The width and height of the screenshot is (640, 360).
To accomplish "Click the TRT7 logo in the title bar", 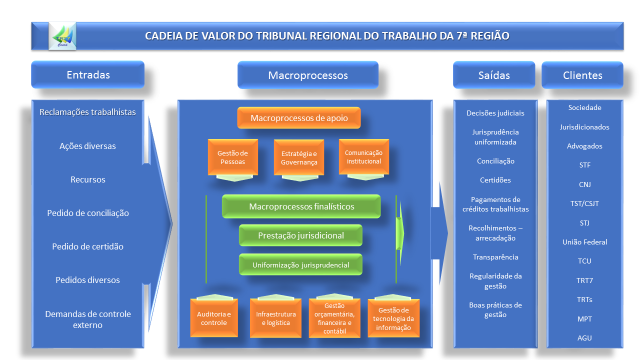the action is (x=62, y=36).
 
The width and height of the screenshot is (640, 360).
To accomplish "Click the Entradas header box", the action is (x=87, y=74).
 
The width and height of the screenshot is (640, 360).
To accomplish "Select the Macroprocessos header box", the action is (x=308, y=75).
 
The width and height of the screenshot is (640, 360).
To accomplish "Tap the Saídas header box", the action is (x=494, y=75).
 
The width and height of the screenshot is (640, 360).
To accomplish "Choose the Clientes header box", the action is (x=582, y=75).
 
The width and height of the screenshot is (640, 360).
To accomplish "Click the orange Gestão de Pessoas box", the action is (x=233, y=157).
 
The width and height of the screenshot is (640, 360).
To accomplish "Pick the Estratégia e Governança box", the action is (x=299, y=157).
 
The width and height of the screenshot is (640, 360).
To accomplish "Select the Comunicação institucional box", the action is (x=363, y=157).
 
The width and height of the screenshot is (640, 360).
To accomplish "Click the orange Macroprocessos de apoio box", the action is (x=299, y=117).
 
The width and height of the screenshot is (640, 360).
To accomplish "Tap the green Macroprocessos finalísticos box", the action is (x=301, y=206).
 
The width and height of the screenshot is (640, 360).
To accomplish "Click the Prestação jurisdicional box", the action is (x=300, y=235).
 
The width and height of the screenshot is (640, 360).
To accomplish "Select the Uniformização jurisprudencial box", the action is (x=300, y=264).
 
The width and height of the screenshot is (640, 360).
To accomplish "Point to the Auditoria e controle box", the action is (x=214, y=318).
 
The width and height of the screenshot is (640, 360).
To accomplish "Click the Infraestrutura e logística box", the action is (x=275, y=318).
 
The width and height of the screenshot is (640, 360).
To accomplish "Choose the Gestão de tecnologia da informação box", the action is (x=393, y=318).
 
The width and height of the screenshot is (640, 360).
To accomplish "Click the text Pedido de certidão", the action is (x=87, y=246).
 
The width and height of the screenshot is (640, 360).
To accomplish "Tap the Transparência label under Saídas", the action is (x=495, y=257).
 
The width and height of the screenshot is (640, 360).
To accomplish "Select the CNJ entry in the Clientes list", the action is (x=584, y=184).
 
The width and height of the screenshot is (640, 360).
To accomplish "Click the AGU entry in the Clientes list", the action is (x=584, y=338).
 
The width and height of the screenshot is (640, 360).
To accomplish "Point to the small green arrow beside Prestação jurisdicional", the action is (x=399, y=233).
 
